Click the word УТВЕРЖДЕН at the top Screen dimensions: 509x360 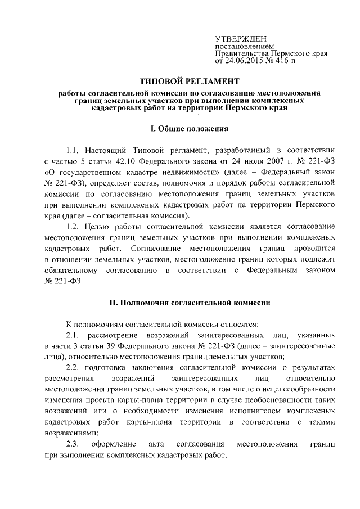238,38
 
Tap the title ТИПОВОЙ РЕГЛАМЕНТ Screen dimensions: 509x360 191,81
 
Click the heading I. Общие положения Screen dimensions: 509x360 190,129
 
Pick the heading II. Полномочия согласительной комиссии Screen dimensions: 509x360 190,303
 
